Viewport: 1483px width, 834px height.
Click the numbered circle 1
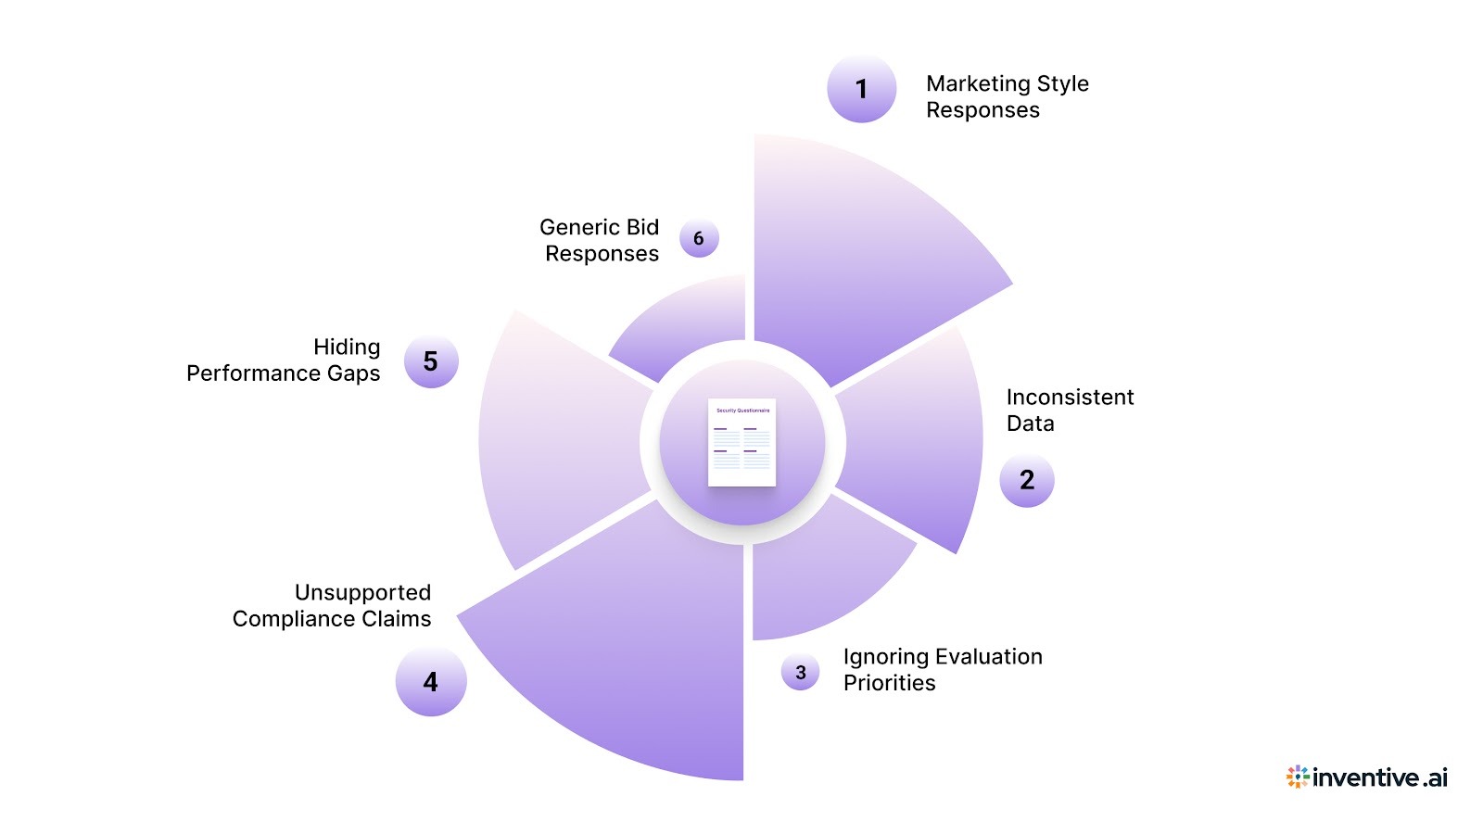point(861,89)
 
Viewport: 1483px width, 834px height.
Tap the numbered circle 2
point(1026,480)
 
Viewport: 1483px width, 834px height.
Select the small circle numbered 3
point(800,673)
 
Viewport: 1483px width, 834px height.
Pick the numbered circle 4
point(430,682)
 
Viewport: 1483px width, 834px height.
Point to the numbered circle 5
point(430,361)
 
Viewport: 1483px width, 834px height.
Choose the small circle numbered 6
point(698,238)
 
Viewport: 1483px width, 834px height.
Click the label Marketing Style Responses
point(1007,96)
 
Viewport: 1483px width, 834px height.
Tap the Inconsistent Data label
point(1070,410)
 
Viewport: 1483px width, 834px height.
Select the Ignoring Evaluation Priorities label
point(942,669)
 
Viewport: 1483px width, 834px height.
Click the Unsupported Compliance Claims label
point(332,605)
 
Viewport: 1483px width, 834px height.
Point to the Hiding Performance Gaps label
point(284,360)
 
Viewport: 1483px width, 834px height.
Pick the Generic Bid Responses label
point(600,240)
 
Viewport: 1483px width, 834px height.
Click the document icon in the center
point(741,442)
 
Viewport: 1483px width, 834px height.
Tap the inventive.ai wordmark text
point(1379,777)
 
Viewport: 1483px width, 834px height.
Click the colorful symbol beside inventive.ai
point(1297,777)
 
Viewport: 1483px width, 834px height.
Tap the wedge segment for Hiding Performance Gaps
point(556,436)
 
